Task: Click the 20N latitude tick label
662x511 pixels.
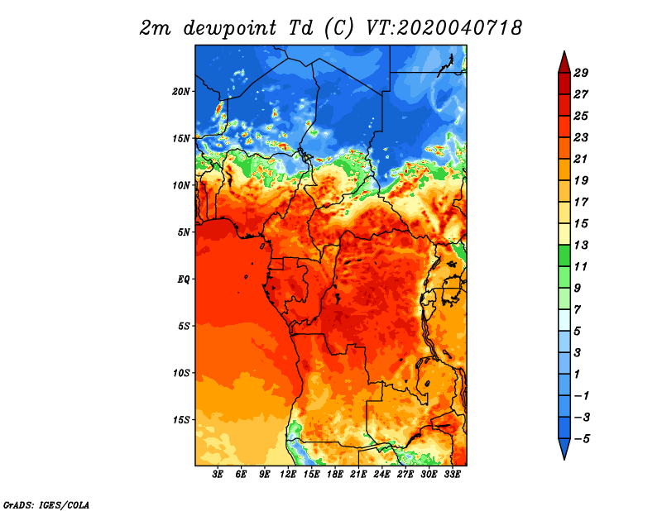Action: click(181, 91)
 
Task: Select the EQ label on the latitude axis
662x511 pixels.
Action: click(184, 279)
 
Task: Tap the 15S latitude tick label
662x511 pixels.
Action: click(181, 420)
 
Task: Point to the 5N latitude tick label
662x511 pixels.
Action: click(184, 232)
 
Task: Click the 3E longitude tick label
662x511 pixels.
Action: click(218, 474)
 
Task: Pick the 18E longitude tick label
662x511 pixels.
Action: click(335, 474)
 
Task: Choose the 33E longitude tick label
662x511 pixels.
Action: click(452, 474)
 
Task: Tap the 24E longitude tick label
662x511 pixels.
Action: click(381, 474)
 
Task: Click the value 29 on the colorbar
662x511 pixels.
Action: click(581, 73)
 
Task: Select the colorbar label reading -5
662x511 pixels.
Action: click(582, 439)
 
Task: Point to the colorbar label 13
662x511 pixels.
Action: click(581, 245)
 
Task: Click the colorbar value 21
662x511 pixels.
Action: click(581, 159)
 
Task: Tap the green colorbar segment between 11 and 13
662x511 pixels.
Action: click(564, 255)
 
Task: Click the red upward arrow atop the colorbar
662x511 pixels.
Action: click(564, 63)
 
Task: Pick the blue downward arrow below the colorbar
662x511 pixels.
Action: click(564, 448)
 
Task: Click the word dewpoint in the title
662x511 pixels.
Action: click(230, 28)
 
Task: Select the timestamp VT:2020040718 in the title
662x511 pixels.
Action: click(444, 28)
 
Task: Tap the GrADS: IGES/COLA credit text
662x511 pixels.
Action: click(46, 504)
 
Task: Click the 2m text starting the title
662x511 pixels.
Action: click(155, 29)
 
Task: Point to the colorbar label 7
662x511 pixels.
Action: click(578, 310)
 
